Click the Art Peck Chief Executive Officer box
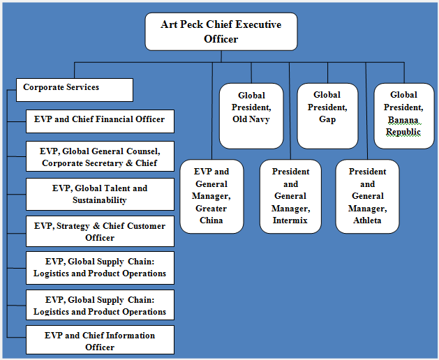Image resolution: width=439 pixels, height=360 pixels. click(221, 31)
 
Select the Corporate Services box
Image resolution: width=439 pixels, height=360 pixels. click(75, 90)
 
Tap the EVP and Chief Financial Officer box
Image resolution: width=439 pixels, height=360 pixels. click(100, 121)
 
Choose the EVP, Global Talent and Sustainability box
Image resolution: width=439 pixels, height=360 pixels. click(100, 194)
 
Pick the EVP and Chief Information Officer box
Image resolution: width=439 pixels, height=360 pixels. click(100, 340)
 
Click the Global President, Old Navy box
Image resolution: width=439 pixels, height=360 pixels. click(251, 116)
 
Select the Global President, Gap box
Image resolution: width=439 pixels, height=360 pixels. click(327, 116)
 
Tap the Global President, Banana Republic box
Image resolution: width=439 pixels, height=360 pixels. click(404, 116)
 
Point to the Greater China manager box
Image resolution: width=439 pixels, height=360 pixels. click(211, 197)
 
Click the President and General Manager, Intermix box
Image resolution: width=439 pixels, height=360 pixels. click(290, 197)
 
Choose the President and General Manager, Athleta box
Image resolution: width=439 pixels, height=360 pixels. click(367, 197)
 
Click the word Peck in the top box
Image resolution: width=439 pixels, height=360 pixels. click(191, 24)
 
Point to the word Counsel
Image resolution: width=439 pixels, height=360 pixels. click(143, 151)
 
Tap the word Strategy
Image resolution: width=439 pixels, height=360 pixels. click(73, 226)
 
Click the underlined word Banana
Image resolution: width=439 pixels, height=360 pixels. click(403, 120)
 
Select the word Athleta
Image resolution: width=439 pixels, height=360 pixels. click(367, 220)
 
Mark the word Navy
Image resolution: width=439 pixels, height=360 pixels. click(260, 119)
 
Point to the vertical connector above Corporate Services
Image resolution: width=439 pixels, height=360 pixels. click(75, 70)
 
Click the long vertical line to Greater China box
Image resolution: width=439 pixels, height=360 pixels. click(212, 111)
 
